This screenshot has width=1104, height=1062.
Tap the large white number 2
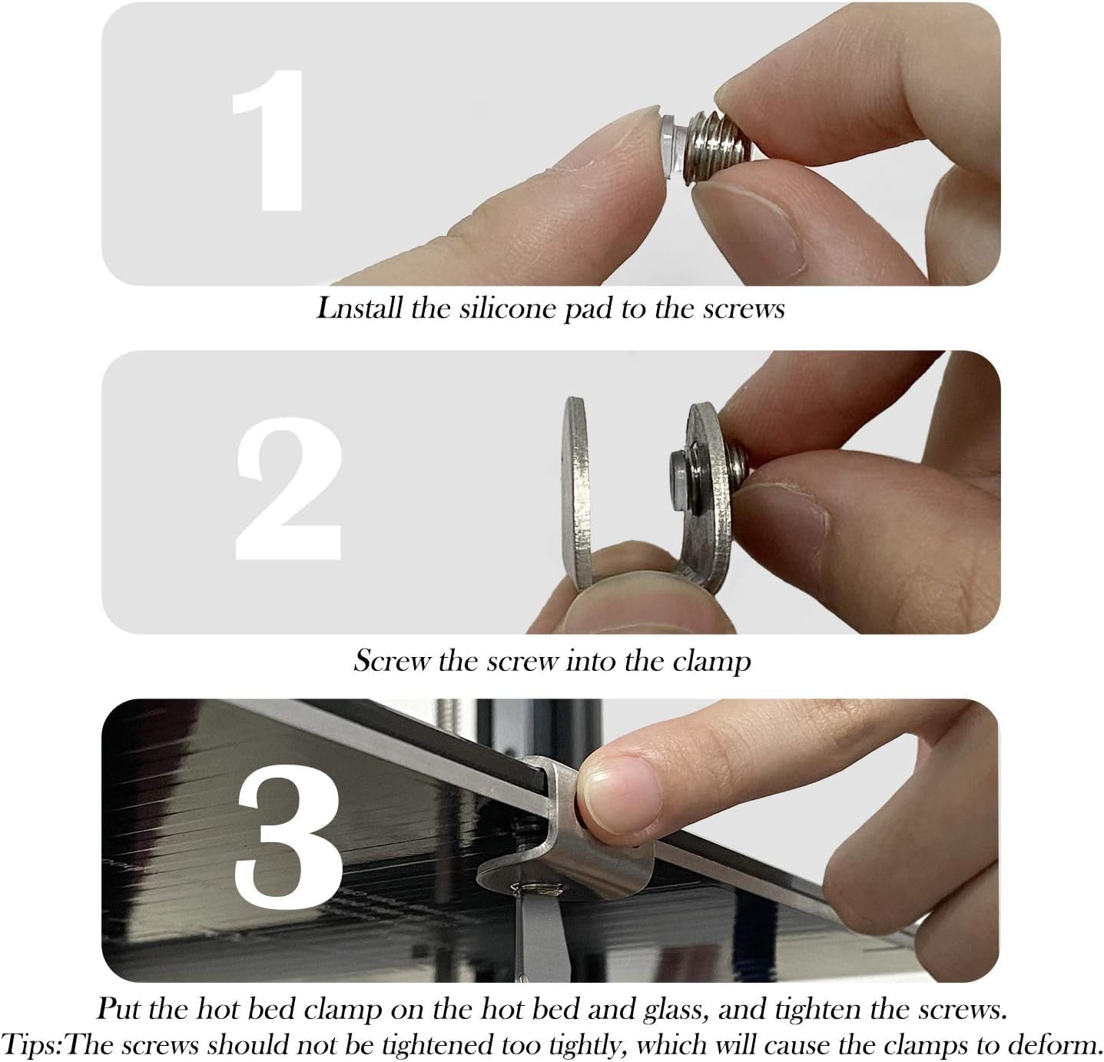(x=289, y=489)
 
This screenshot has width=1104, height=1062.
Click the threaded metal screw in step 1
(x=719, y=149)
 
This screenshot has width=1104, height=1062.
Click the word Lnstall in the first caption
(x=359, y=309)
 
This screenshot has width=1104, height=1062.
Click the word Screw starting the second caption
(x=391, y=661)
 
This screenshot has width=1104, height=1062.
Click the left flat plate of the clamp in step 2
(x=576, y=493)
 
